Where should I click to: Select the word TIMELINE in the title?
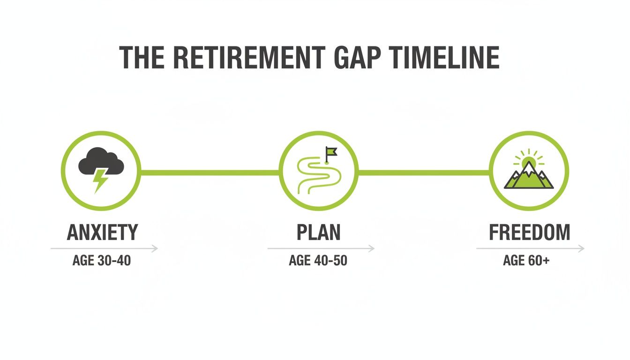pyautogui.click(x=444, y=58)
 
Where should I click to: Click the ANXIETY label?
pyautogui.click(x=103, y=232)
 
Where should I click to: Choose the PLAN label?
pyautogui.click(x=318, y=232)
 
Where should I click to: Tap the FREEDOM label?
pyautogui.click(x=530, y=232)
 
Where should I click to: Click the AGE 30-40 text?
pyautogui.click(x=102, y=261)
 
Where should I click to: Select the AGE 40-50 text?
pyautogui.click(x=318, y=261)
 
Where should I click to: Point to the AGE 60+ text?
pyautogui.click(x=526, y=261)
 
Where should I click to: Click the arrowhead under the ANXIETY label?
pyautogui.click(x=155, y=248)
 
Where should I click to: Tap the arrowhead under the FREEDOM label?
pyautogui.click(x=582, y=248)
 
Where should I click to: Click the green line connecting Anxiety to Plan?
pyautogui.click(x=210, y=172)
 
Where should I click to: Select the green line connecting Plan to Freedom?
pyautogui.click(x=424, y=172)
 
